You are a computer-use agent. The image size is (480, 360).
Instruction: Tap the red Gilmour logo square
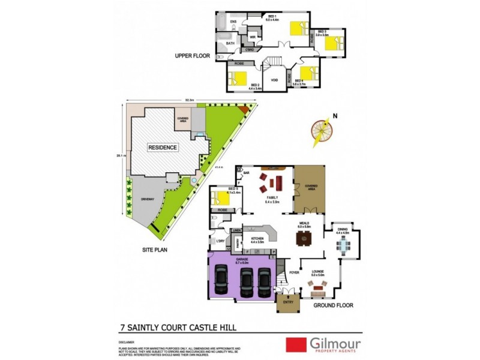pos(294,344)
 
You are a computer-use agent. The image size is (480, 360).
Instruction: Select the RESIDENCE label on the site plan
pos(163,147)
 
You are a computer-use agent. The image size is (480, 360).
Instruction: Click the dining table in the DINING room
pos(343,244)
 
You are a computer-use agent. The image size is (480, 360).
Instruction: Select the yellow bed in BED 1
pos(296,28)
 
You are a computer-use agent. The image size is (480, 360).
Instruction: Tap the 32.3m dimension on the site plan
pos(189,100)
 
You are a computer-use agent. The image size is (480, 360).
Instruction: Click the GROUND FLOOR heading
pos(333,305)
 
